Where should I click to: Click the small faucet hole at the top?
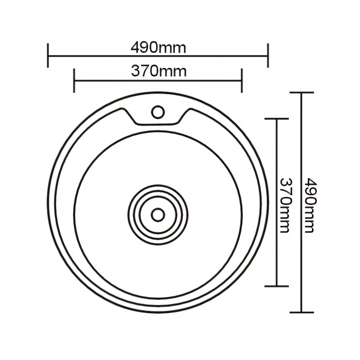click(158, 112)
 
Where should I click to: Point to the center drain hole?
click(158, 215)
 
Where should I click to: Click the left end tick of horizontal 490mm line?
click(48, 55)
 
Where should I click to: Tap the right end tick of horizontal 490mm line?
click(268, 55)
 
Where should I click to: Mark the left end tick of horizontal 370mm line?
click(74, 80)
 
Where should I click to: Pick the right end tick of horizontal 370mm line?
click(242, 80)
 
